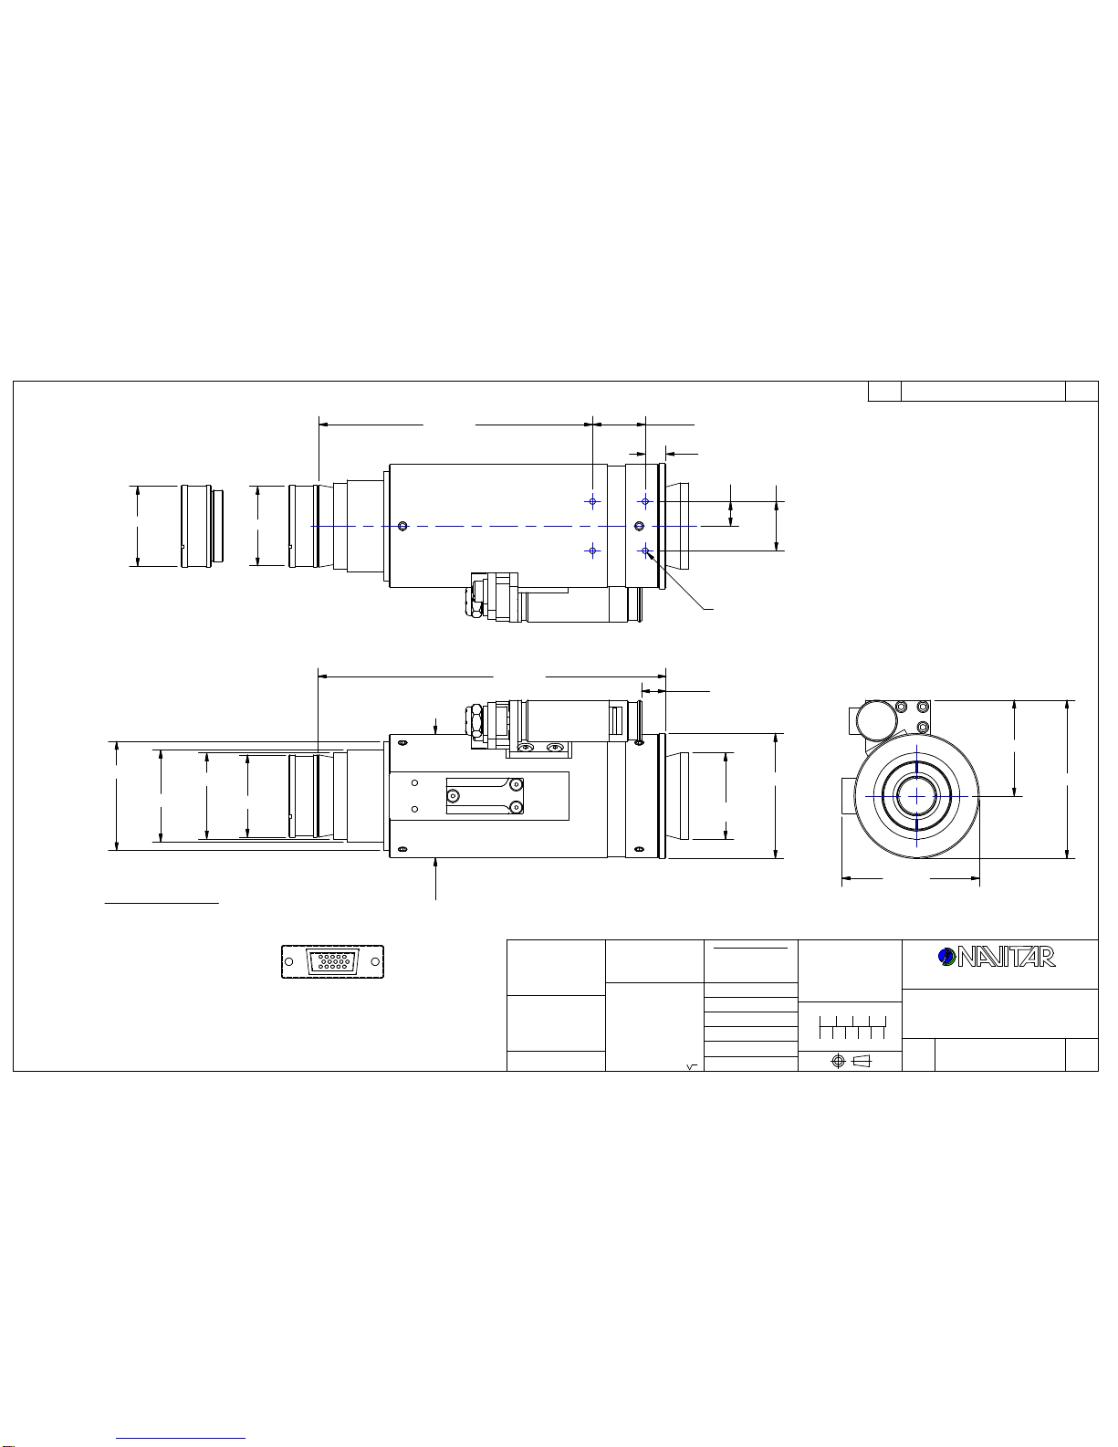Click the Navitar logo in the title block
997,957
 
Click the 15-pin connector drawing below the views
333,961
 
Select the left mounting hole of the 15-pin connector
288,961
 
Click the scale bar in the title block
852,1027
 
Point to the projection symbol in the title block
852,1061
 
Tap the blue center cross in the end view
917,796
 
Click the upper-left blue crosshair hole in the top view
592,501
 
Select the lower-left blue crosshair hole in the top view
592,550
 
